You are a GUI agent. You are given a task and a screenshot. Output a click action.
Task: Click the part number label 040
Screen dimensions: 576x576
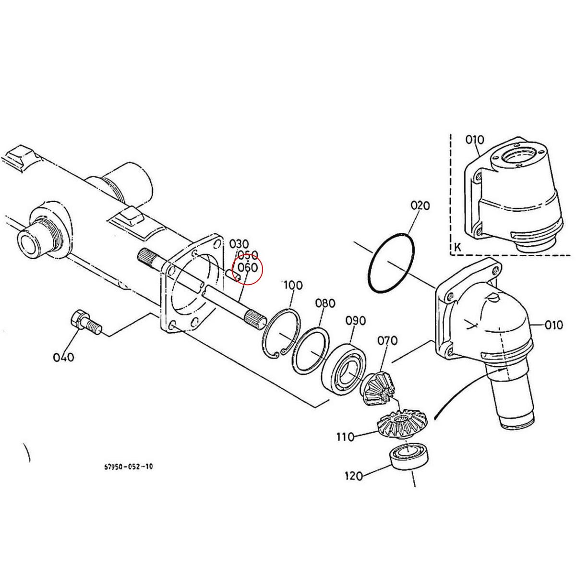click(63, 357)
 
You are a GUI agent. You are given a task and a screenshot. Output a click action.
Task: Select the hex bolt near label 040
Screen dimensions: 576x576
click(85, 322)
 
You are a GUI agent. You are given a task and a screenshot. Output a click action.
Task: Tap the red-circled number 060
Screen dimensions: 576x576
click(248, 268)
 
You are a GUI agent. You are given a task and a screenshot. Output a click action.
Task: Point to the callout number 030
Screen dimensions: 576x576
click(239, 243)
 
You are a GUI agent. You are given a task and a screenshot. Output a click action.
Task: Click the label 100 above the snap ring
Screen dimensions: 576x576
click(293, 285)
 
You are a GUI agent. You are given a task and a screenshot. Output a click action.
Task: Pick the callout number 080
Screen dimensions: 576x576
click(325, 303)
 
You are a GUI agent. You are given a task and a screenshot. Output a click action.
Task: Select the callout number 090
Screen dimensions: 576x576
click(355, 321)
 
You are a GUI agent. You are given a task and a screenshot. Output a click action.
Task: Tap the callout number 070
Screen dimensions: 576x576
click(387, 341)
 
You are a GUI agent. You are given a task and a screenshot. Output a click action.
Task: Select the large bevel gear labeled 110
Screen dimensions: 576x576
click(402, 423)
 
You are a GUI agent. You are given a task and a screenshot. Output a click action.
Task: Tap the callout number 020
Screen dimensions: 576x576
click(420, 205)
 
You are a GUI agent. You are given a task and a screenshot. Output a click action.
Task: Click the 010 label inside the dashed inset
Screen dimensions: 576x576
click(475, 140)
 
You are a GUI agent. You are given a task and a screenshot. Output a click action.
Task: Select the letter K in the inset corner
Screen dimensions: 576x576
click(457, 248)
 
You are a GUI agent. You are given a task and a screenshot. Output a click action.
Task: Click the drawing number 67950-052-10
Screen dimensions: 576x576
click(129, 467)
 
